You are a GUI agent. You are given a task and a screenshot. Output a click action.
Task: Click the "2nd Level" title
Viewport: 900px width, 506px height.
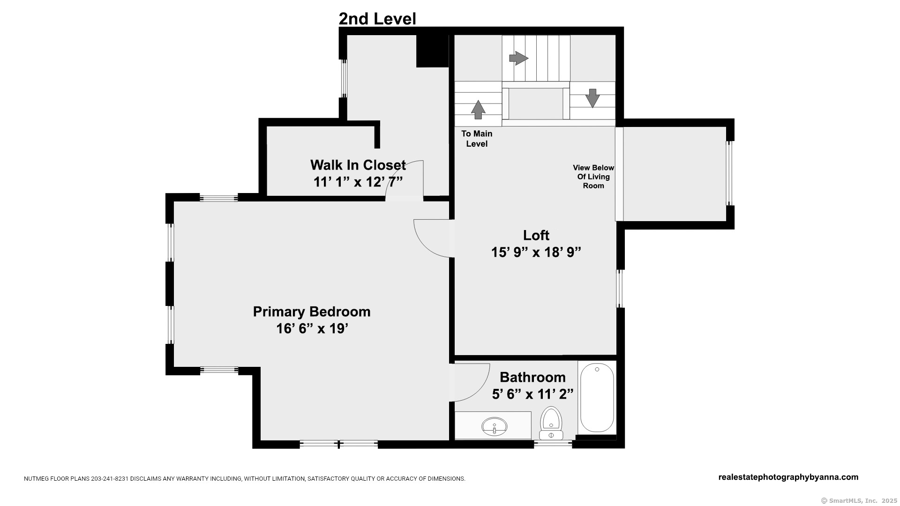click(377, 19)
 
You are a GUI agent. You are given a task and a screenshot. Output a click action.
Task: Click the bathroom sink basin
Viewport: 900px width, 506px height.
click(494, 426)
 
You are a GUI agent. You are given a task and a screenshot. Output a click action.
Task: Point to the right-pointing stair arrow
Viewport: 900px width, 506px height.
click(518, 59)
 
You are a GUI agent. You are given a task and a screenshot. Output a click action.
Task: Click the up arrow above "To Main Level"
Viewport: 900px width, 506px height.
click(478, 110)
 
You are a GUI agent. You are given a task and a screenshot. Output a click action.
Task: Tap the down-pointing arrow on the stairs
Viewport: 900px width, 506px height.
click(592, 98)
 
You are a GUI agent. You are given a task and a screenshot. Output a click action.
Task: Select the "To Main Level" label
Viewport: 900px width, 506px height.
click(477, 139)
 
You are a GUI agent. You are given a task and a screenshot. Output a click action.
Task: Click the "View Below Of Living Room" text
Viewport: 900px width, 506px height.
click(593, 177)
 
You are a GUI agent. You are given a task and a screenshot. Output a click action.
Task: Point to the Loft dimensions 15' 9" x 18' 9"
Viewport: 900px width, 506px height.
click(536, 253)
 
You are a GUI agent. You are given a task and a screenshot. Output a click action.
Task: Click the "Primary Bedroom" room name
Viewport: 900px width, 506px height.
click(312, 312)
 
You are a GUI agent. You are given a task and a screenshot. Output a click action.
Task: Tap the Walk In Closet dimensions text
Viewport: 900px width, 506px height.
click(358, 182)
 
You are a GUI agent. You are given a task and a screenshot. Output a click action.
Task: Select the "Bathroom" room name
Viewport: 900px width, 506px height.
click(532, 377)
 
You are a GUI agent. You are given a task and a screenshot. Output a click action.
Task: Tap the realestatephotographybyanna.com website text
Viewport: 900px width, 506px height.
click(788, 477)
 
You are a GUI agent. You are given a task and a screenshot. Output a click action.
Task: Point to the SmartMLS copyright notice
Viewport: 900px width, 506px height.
click(859, 500)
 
